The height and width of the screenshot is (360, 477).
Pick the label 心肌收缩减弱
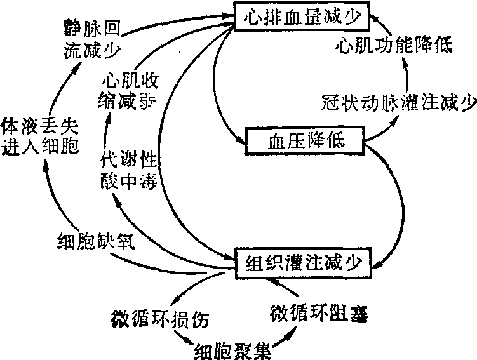[x=128, y=91]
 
